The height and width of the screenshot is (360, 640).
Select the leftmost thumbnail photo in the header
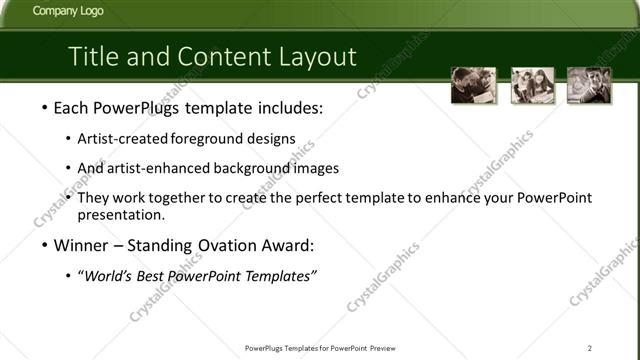pyautogui.click(x=472, y=86)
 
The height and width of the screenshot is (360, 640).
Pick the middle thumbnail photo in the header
pyautogui.click(x=532, y=86)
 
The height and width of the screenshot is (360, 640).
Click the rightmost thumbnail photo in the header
pyautogui.click(x=589, y=86)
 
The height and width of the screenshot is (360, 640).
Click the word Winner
pyautogui.click(x=80, y=245)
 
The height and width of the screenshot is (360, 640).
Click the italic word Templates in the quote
pyautogui.click(x=280, y=275)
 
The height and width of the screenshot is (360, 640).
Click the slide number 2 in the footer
pyautogui.click(x=591, y=349)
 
